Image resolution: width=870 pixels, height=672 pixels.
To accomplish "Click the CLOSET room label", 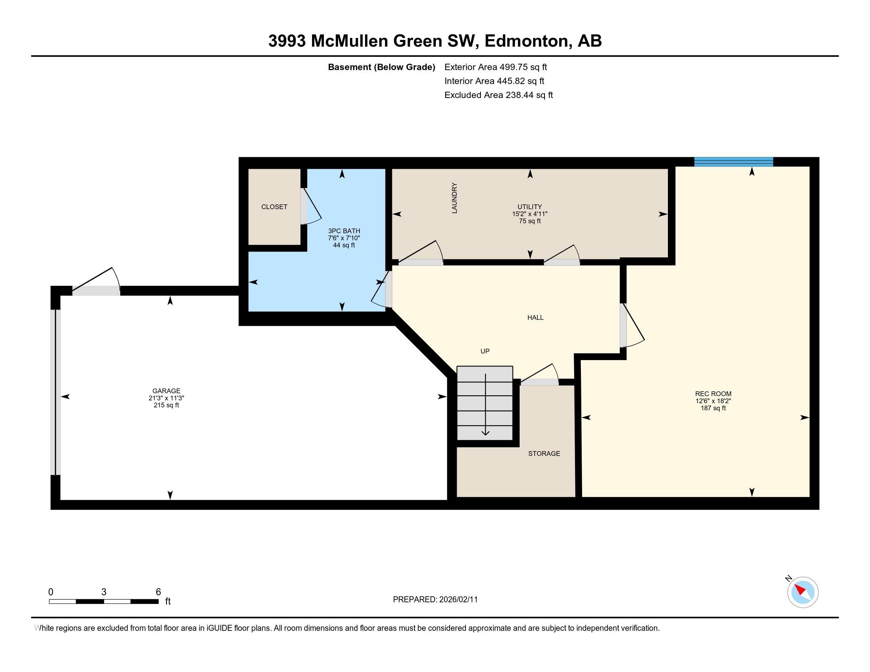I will pos(274,207).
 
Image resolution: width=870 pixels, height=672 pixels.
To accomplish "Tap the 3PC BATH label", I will pos(344,231).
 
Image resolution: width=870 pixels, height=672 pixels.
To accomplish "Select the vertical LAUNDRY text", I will pos(454,198).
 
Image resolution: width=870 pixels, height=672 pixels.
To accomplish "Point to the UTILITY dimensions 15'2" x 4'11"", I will pos(530,214).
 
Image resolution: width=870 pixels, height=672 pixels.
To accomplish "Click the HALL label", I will pos(535,317).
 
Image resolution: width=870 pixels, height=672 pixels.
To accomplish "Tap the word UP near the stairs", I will pos(485,351).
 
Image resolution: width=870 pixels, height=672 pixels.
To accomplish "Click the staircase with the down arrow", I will pos(485,403).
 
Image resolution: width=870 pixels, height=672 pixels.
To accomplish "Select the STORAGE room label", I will pos(544,453).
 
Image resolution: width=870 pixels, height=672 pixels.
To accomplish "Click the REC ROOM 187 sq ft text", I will pos(713,408).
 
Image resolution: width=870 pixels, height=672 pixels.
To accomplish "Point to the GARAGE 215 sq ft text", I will pos(166,405).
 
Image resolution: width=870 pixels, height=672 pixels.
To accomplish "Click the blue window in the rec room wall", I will pos(733,162).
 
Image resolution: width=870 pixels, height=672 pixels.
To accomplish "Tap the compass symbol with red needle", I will pos(802,592).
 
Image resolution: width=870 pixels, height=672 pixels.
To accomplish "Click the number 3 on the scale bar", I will pos(104,592).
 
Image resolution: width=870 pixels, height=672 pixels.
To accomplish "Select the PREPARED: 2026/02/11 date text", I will pos(435,600).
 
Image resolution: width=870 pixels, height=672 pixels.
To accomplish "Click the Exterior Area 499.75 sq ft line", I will pos(496,67).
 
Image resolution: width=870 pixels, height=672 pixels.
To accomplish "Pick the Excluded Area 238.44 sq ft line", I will pos(498,95).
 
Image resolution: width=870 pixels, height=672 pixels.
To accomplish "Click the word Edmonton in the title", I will pos(527,41).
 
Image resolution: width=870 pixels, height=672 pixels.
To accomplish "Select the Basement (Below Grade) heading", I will pos(381,67).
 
